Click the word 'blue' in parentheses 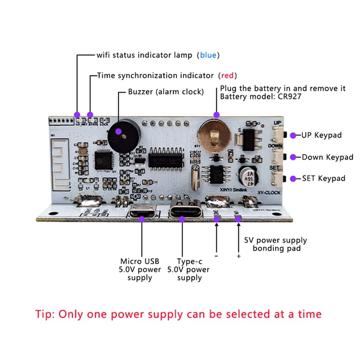208,55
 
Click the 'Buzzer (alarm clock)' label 166,92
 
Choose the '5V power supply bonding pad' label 274,244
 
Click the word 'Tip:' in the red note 46,314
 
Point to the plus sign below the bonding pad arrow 238,256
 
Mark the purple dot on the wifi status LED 77,114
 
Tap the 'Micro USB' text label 139,261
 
